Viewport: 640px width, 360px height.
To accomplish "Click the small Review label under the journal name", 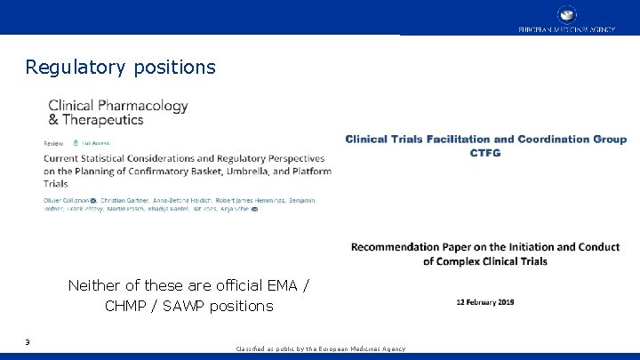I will (53, 142).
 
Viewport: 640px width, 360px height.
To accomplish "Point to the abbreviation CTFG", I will (485, 153).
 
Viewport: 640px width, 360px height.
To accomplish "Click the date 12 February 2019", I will (485, 302).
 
